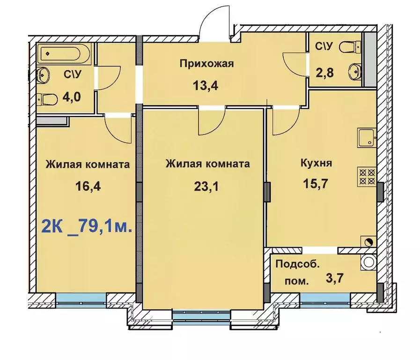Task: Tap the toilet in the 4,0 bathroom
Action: click(x=49, y=99)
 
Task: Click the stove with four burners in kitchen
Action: click(x=367, y=177)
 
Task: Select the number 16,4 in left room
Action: click(x=88, y=187)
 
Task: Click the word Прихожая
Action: click(x=206, y=64)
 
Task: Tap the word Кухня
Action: click(x=317, y=164)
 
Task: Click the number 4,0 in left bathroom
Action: click(x=73, y=97)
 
